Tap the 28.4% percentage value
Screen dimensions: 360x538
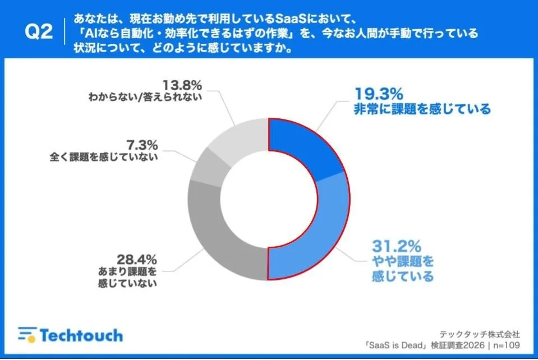click(x=136, y=259)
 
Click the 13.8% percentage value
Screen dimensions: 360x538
click(x=182, y=85)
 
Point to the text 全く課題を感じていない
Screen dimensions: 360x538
click(x=104, y=158)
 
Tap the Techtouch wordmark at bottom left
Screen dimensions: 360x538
click(x=80, y=335)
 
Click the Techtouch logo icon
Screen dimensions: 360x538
click(x=26, y=335)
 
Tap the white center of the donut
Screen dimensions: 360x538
click(x=269, y=199)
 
